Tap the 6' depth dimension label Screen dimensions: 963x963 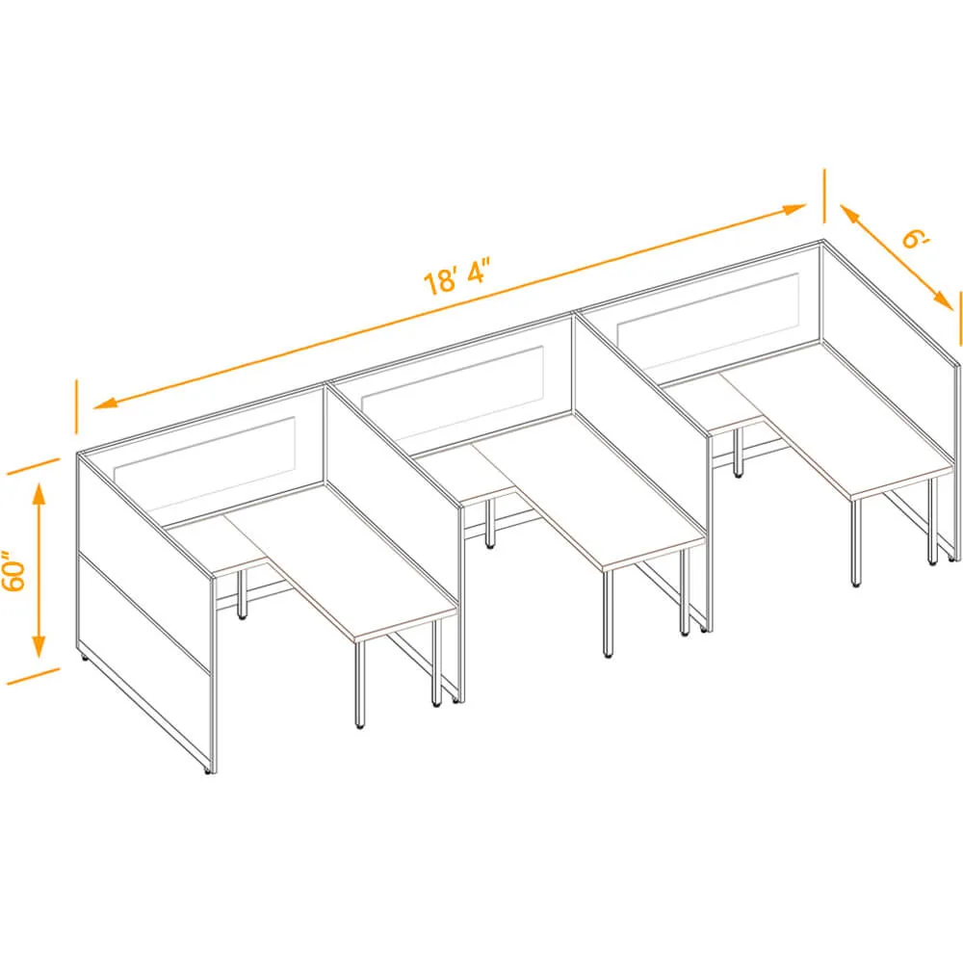(917, 238)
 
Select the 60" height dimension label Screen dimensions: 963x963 (13, 570)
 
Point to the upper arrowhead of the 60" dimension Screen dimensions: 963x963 (39, 495)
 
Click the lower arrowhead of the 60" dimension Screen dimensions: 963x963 (39, 645)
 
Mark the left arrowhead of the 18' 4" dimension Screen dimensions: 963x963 (106, 403)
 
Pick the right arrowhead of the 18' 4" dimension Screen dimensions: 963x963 (794, 209)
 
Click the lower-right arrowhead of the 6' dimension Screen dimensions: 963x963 (943, 300)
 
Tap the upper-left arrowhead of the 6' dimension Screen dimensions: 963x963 (850, 215)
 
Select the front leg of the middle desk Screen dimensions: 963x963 (608, 614)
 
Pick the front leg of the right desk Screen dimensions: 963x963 (856, 543)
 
